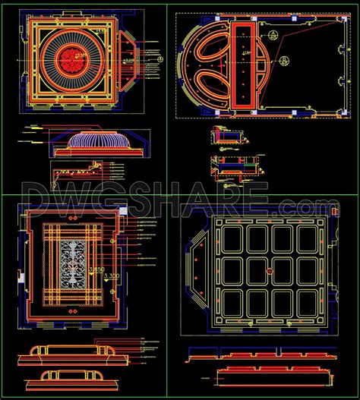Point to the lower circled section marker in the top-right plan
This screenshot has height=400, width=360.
(x=283, y=61)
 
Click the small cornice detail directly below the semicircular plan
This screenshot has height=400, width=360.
(x=229, y=136)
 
